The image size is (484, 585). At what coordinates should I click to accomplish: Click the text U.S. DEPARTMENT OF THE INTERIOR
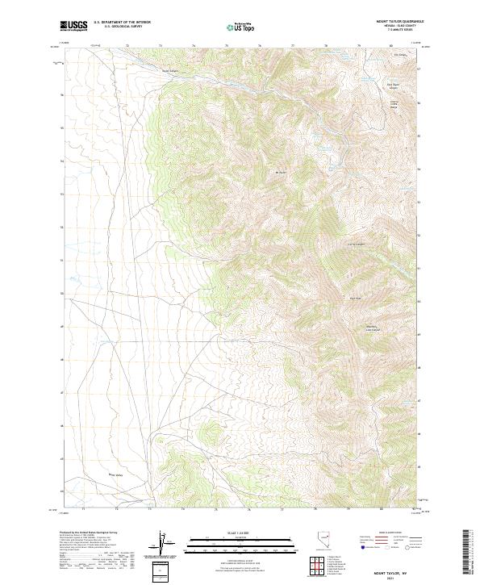[x=122, y=23]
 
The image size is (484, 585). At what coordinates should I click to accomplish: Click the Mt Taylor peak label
[x=281, y=172]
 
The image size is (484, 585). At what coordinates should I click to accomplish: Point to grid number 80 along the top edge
[x=391, y=46]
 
